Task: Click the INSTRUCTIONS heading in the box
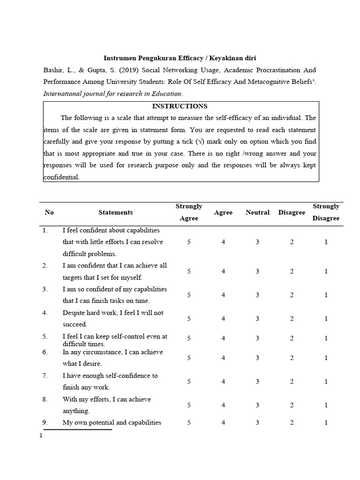[x=180, y=106]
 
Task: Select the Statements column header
[x=115, y=212]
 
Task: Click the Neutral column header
[x=257, y=212]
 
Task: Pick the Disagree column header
[x=292, y=212]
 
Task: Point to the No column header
[x=49, y=212]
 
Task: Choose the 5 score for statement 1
[x=189, y=242]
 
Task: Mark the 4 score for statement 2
[x=223, y=271]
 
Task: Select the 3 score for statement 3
[x=257, y=295]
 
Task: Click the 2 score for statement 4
[x=292, y=319]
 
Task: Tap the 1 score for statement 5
[x=326, y=338]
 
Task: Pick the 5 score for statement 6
[x=189, y=358]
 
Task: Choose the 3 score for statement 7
[x=257, y=382]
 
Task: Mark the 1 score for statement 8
[x=326, y=405]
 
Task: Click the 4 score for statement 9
[x=223, y=422]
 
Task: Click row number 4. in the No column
[x=45, y=313]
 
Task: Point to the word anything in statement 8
[x=75, y=411]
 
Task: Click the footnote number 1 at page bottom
[x=41, y=435]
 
